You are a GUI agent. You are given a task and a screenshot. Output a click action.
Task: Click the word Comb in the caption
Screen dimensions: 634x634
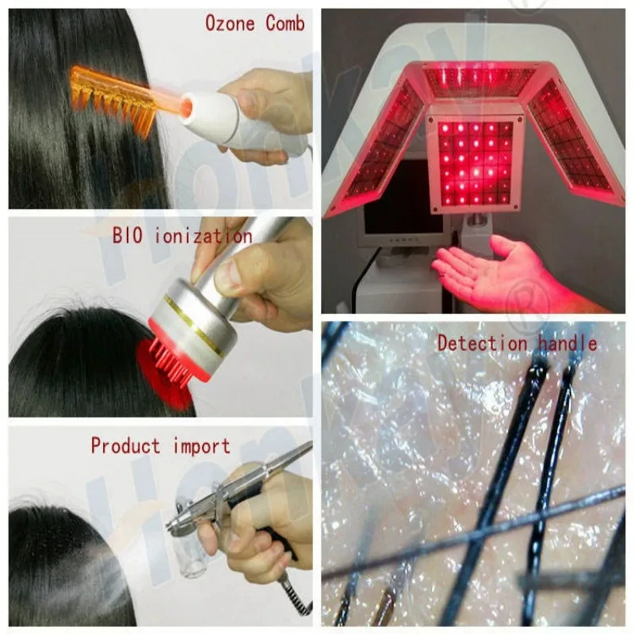285,24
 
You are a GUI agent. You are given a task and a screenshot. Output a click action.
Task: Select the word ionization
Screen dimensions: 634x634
208,236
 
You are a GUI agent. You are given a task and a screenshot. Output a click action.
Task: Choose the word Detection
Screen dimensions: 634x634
482,343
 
